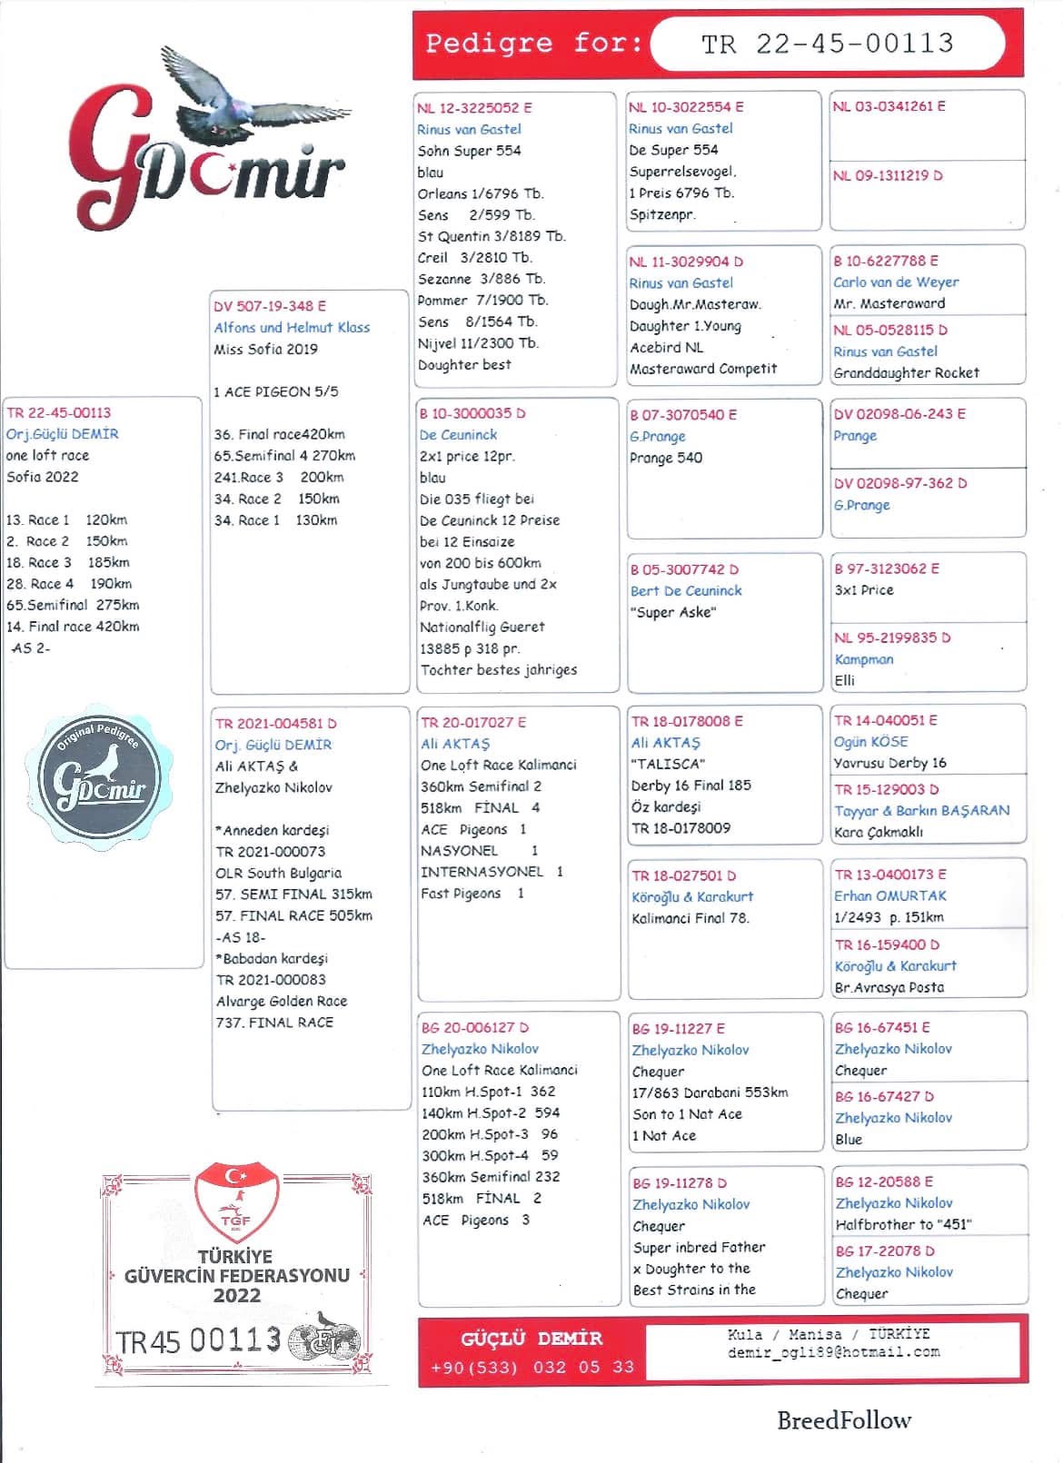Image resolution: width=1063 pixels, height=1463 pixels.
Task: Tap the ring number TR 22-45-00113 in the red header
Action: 828,43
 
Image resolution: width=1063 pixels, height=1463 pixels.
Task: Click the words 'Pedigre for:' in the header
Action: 533,43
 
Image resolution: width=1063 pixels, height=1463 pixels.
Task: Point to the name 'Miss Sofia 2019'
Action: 265,349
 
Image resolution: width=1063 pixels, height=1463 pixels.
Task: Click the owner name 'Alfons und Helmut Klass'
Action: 292,327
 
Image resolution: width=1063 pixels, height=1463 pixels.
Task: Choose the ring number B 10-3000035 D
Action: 472,413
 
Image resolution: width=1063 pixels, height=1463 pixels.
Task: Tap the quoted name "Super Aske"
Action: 673,612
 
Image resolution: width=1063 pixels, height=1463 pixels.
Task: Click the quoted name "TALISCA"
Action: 668,764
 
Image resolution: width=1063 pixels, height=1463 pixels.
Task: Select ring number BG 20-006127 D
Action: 474,1027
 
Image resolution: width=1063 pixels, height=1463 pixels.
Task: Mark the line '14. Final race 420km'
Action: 73,626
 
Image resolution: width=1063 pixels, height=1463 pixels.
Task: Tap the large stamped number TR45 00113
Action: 198,1339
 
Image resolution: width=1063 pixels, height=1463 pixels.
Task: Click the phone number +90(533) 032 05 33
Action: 531,1366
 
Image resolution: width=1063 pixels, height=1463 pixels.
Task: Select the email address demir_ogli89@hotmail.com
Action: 833,1351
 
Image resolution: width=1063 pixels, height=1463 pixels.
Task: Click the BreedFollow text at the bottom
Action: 843,1420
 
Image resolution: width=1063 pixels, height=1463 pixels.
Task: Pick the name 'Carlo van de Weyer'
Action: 896,282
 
